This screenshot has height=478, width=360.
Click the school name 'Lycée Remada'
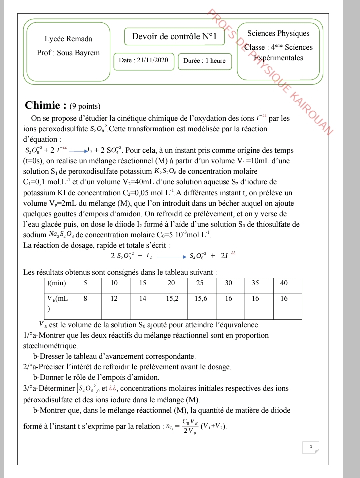(x=68, y=39)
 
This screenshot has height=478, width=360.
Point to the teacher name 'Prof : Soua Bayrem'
(x=68, y=52)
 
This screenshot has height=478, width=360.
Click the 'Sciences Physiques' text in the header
(x=278, y=34)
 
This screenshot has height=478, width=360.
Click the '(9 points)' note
(x=85, y=106)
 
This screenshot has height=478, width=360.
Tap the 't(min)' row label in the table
(x=56, y=283)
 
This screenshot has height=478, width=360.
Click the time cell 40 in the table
(x=284, y=283)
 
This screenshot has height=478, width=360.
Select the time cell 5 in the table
(x=85, y=283)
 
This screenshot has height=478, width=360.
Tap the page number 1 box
(x=311, y=446)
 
